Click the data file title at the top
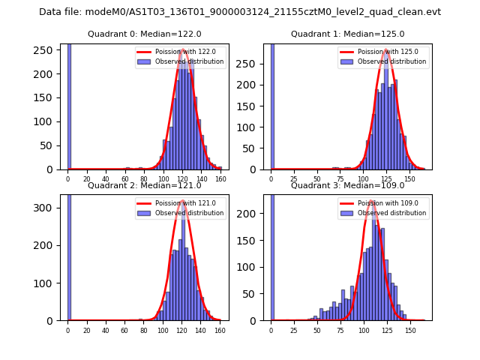[240, 12]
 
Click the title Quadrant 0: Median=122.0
[145, 34]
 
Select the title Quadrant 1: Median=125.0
[347, 34]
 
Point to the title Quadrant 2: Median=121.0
[145, 185]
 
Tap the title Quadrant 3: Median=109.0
[347, 185]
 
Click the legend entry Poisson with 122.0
[184, 52]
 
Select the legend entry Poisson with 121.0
[184, 203]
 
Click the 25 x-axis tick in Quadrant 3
[294, 330]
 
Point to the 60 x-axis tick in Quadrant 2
[124, 330]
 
